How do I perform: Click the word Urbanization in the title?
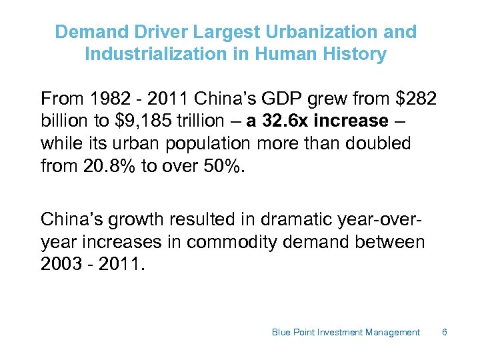[x=337, y=32]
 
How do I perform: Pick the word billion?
[x=64, y=121]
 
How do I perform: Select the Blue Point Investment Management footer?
[x=345, y=332]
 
